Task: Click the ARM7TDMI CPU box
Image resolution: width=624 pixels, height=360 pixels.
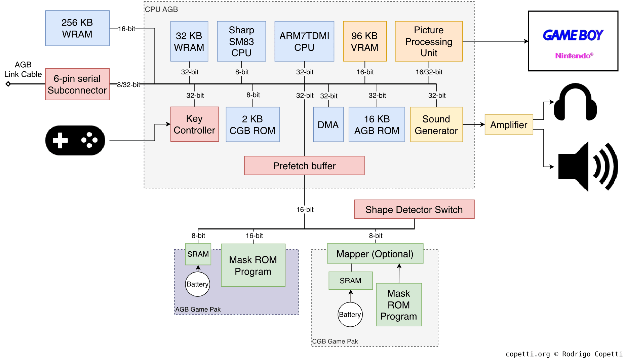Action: (x=304, y=41)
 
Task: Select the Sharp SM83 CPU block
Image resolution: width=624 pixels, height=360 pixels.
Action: (x=241, y=41)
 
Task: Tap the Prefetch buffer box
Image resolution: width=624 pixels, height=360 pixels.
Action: (x=304, y=166)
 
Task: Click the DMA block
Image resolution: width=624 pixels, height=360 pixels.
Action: (x=328, y=124)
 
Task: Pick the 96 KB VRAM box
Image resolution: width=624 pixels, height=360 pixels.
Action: (x=364, y=41)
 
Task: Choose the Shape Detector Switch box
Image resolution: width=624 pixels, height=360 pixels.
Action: (x=414, y=209)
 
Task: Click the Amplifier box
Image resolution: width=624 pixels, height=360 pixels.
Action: (x=508, y=124)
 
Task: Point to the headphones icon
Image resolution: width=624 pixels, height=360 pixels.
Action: (x=575, y=102)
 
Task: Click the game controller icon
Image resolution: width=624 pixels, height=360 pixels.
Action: (x=75, y=140)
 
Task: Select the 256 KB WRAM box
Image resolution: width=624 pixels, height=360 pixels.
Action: (x=77, y=28)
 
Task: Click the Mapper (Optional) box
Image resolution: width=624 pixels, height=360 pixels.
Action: (x=375, y=254)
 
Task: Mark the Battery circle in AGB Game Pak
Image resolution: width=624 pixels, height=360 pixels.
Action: (x=198, y=284)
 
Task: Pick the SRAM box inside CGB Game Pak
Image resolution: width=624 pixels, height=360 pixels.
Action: (x=350, y=281)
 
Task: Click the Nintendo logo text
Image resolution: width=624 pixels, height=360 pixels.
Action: (x=574, y=56)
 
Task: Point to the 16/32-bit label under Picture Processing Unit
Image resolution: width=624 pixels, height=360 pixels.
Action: (x=429, y=72)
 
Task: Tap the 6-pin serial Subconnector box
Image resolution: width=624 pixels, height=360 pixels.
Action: (x=77, y=84)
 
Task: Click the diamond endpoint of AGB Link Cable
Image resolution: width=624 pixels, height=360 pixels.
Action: (x=8, y=84)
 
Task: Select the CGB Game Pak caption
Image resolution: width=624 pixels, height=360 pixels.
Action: (x=335, y=341)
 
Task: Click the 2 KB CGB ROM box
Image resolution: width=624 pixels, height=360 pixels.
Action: (x=252, y=124)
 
